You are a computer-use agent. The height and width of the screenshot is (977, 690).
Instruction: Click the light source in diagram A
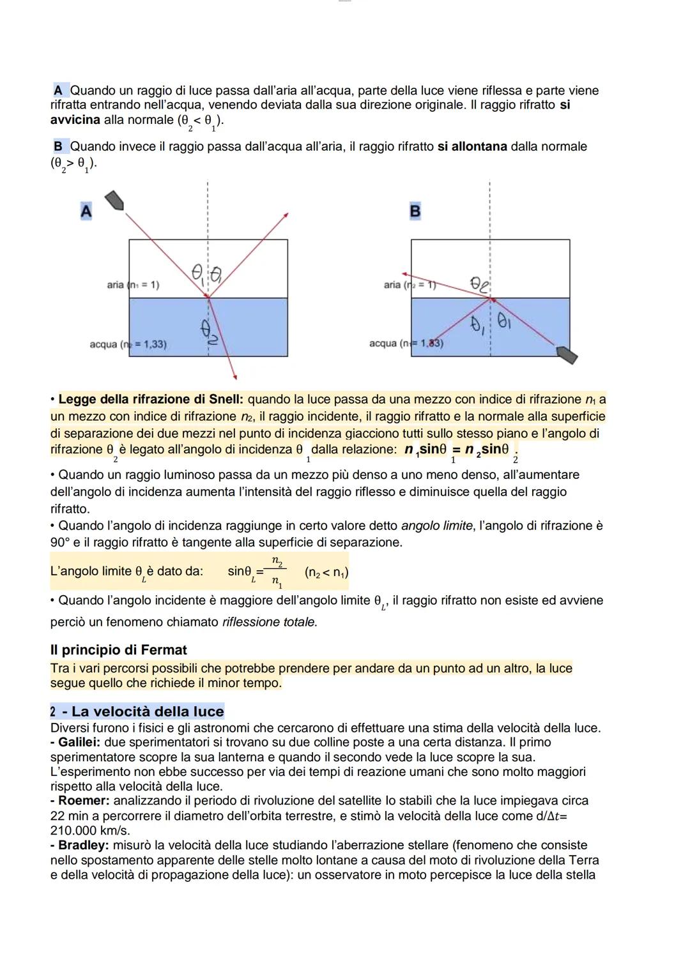pos(114,201)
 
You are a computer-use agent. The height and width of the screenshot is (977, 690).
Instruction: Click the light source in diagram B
pos(566,354)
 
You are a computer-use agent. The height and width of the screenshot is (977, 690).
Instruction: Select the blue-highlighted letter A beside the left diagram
pos(86,211)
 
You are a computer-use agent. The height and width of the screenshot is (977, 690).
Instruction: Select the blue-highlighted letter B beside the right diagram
pos(415,211)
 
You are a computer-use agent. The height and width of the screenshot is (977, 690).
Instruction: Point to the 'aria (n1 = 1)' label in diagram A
pos(133,285)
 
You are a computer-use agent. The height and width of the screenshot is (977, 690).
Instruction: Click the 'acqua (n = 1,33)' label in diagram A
pos(128,344)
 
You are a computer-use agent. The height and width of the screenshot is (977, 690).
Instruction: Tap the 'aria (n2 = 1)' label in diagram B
pos(410,285)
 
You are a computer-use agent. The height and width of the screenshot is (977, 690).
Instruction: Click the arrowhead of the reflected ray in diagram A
pos(286,215)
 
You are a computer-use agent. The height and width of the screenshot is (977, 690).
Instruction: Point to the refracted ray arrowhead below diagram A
pos(234,377)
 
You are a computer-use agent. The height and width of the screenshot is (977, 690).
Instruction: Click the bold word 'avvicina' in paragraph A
pos(75,120)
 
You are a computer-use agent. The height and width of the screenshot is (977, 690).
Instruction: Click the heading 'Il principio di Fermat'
pos(118,650)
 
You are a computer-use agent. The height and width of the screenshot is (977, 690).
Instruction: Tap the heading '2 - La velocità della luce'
pos(137,711)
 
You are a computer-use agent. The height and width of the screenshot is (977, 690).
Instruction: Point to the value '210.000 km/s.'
pos(90,830)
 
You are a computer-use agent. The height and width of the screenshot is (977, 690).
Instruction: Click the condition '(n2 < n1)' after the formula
pos(326,572)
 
